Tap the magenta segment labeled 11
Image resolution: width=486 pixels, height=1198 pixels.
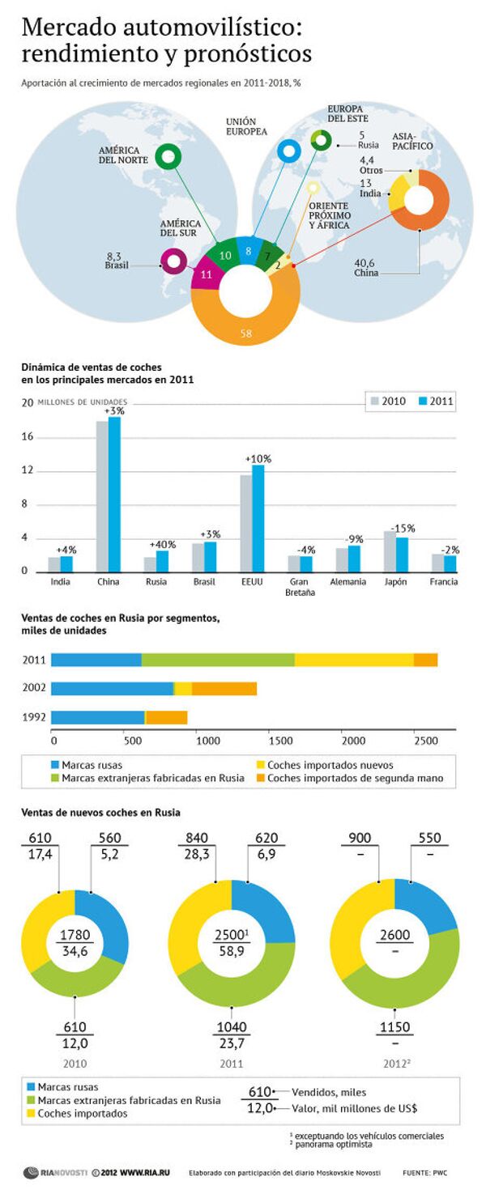point(205,275)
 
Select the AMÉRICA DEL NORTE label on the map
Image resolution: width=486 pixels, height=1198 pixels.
point(124,155)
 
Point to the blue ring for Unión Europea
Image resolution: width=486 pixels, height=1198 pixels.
point(288,151)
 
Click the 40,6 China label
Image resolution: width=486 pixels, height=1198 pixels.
point(367,268)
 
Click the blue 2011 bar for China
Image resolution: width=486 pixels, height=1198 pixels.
point(114,494)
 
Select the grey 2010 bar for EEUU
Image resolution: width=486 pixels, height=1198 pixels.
point(246,523)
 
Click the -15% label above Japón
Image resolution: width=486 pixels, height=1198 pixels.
point(401,528)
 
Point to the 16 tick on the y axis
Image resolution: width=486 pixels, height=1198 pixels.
point(28,437)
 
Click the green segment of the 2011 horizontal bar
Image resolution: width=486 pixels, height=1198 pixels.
point(218,660)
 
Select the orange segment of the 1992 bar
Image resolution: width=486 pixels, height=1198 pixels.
point(166,716)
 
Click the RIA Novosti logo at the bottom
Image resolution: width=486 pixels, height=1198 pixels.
point(53,1171)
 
